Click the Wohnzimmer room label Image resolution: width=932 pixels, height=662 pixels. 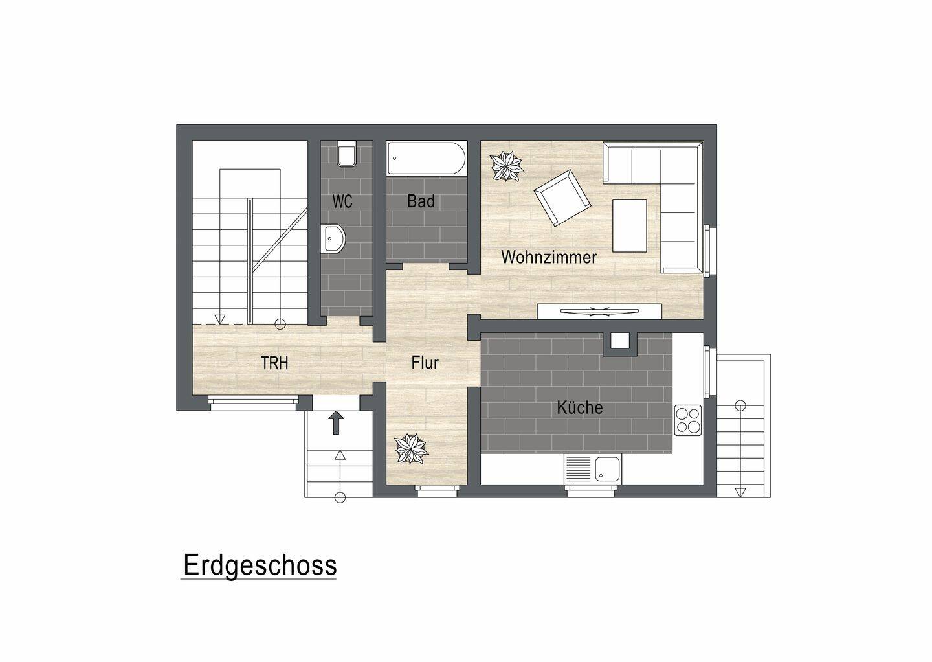[x=549, y=257]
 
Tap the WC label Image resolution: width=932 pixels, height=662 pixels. [x=342, y=201]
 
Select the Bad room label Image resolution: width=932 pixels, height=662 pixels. [x=421, y=201]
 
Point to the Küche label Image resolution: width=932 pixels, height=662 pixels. [x=580, y=407]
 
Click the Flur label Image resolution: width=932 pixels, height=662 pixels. [x=425, y=363]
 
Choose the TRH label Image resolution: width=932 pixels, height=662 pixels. [x=274, y=363]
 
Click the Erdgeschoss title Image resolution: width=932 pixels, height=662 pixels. [x=260, y=565]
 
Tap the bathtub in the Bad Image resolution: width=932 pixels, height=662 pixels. [x=426, y=159]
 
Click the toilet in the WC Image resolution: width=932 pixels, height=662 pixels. [x=346, y=154]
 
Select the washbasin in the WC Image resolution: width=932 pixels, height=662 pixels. [x=333, y=238]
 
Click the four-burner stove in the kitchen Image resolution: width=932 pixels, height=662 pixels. [x=688, y=420]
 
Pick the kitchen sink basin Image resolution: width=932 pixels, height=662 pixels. [x=607, y=469]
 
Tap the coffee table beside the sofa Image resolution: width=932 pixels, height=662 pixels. [x=630, y=225]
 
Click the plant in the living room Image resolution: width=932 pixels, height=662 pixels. [x=506, y=166]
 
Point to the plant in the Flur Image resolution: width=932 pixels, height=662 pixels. [x=411, y=448]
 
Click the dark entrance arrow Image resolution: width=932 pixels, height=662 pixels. [x=336, y=423]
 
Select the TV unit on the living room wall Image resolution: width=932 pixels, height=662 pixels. [x=599, y=311]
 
